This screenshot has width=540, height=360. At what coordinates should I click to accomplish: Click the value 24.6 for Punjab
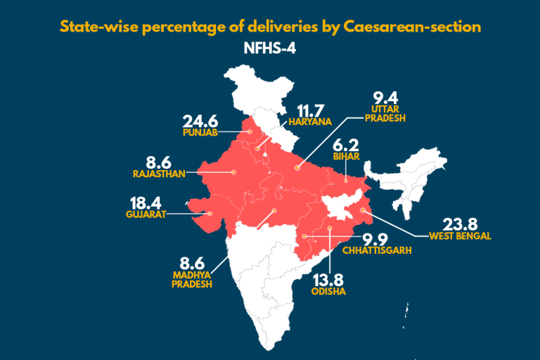[202, 120]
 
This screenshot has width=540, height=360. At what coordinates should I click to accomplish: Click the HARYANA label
[307, 121]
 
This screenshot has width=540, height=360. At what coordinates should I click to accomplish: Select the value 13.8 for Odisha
[330, 278]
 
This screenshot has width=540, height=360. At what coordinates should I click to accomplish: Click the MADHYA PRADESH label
[191, 278]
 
